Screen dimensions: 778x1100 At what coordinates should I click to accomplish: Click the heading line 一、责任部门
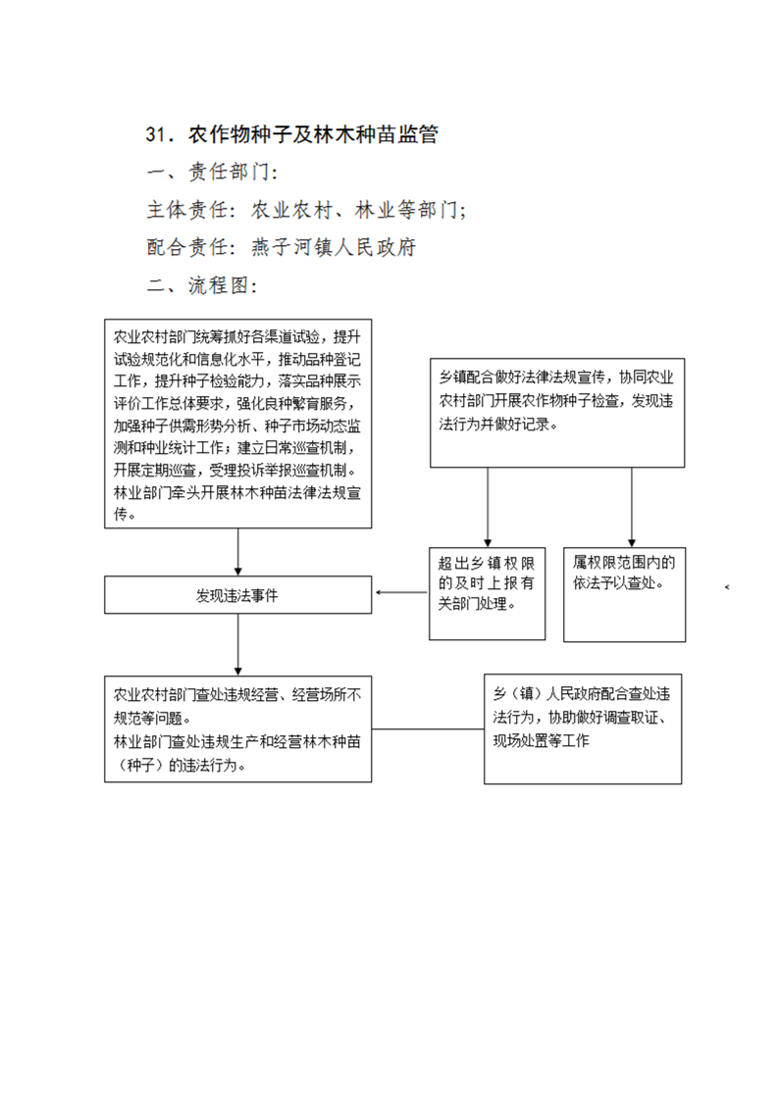(x=213, y=172)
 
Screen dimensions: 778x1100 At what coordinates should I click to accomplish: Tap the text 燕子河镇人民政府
(x=334, y=247)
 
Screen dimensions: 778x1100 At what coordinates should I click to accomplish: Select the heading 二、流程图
(x=202, y=285)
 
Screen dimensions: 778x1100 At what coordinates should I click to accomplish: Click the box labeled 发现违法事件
(x=238, y=595)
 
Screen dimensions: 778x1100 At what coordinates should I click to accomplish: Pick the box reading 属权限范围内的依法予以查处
(x=624, y=594)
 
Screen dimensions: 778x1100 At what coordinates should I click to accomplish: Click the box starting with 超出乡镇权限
(x=488, y=593)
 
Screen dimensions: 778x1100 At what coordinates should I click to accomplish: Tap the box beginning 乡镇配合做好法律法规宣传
(x=557, y=413)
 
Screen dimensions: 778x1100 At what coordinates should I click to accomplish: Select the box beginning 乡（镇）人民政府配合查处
(x=583, y=728)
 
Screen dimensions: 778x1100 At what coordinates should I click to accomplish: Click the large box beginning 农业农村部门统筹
(x=238, y=424)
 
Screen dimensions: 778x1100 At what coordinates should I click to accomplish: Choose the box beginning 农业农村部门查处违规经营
(x=238, y=728)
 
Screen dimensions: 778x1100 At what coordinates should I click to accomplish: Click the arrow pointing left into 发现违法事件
(x=401, y=593)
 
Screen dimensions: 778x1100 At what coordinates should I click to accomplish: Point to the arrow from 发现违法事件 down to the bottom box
(x=238, y=645)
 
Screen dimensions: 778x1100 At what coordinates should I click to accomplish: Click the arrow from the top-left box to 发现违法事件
(x=238, y=552)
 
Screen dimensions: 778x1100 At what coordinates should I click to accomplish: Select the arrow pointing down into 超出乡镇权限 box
(x=488, y=507)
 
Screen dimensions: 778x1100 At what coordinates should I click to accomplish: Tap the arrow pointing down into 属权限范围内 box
(x=631, y=507)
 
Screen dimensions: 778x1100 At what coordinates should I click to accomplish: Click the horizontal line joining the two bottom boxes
(x=429, y=728)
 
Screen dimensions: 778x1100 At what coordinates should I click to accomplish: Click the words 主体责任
(x=186, y=210)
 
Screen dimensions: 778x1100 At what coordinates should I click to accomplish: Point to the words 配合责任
(x=186, y=247)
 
